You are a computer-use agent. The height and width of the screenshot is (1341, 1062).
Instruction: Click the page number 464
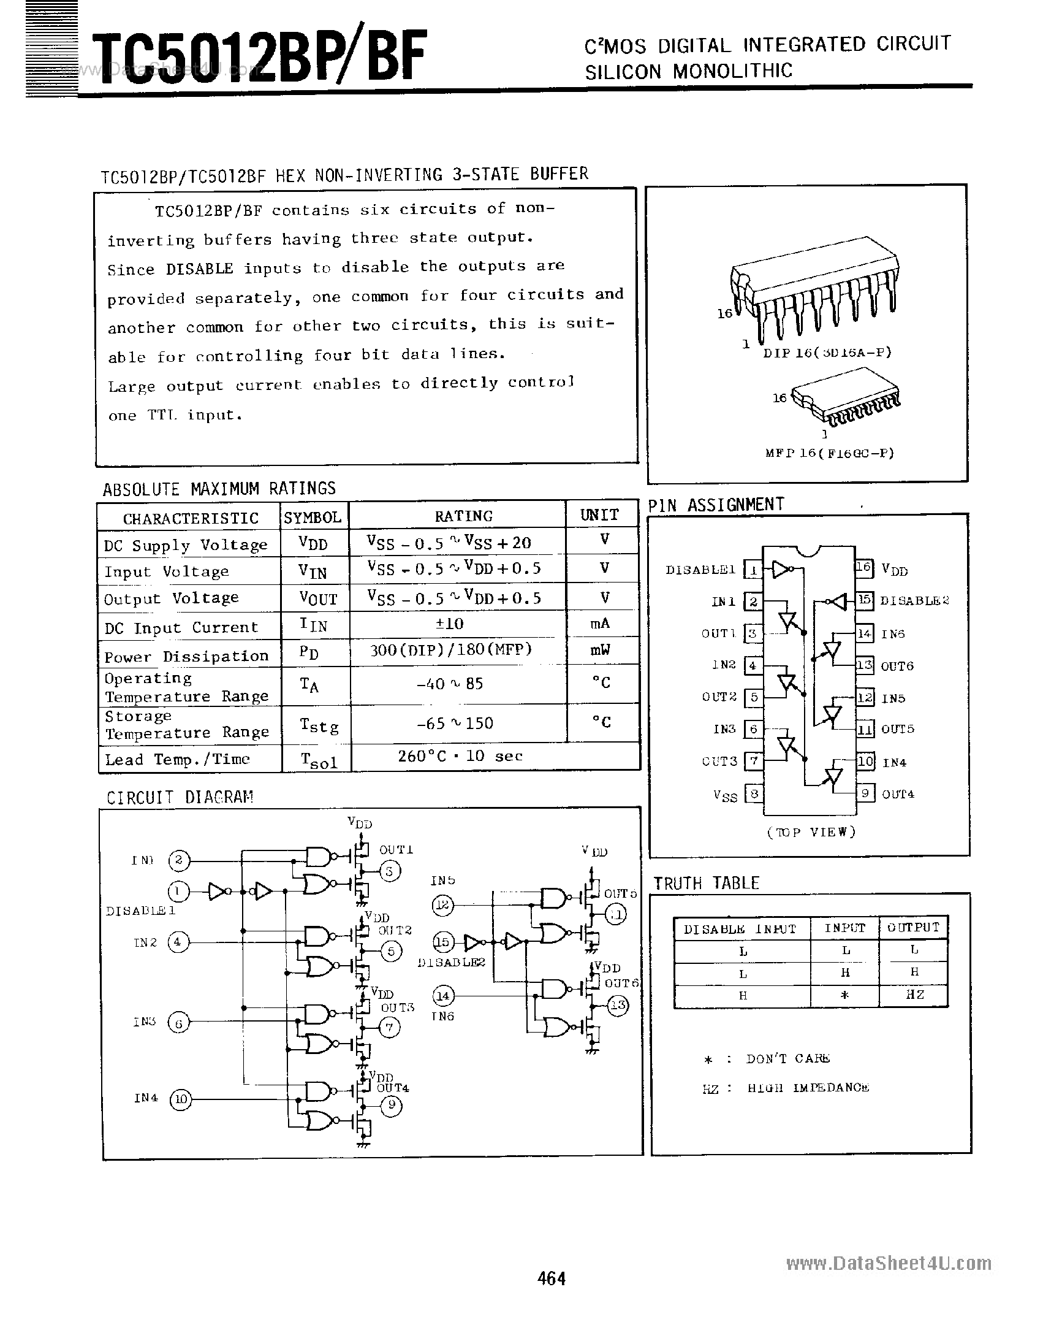(551, 1278)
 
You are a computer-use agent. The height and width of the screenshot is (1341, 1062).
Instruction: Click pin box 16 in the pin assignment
(863, 567)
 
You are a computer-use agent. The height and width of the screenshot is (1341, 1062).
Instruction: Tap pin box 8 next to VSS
(754, 793)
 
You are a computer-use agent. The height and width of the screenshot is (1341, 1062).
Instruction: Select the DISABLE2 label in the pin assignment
(914, 601)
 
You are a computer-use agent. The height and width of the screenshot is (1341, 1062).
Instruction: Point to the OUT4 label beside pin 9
(898, 794)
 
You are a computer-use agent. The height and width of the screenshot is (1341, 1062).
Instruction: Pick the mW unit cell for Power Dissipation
(600, 650)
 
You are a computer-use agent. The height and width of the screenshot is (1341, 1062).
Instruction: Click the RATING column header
(463, 516)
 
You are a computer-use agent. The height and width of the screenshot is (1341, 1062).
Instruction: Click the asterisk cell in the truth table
(844, 995)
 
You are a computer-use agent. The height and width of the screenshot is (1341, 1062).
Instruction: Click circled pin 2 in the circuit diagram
(178, 860)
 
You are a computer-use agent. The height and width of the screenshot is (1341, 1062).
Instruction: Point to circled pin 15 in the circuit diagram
(441, 942)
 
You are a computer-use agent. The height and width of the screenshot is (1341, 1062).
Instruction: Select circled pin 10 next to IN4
(180, 1099)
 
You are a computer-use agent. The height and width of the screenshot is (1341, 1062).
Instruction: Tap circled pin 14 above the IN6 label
(442, 995)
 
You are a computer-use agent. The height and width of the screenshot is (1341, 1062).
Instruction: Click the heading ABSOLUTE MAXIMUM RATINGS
(219, 489)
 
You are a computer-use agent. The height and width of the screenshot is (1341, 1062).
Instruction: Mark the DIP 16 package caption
(827, 353)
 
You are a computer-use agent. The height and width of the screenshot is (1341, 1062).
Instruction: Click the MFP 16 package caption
(830, 453)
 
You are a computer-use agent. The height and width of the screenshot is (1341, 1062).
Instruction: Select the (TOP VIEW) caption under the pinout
(811, 832)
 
